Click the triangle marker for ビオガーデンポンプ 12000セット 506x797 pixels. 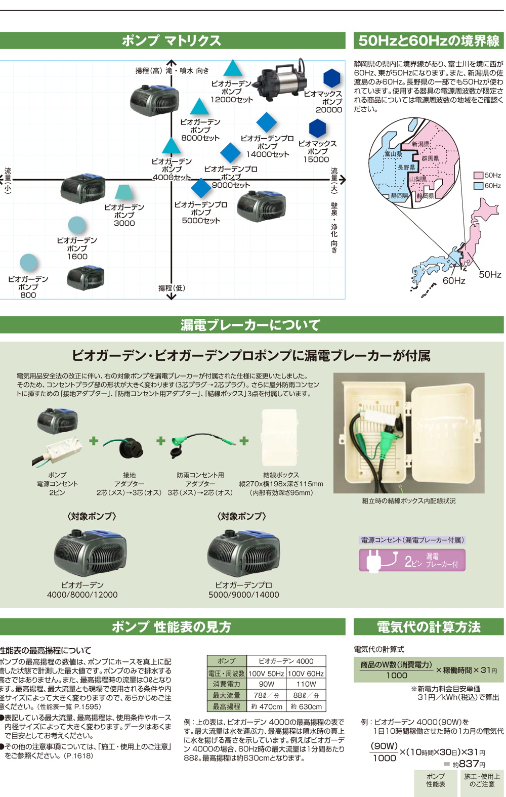[x=232, y=69]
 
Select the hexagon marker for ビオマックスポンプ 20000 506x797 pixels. [x=332, y=78]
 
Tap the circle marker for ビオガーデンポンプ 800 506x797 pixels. [x=28, y=263]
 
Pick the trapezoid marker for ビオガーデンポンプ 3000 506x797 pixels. [x=123, y=192]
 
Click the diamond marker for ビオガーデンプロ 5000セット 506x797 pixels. [x=201, y=188]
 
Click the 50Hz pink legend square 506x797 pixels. [x=478, y=176]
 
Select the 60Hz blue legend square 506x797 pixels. [x=478, y=186]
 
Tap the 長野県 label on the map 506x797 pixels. [x=406, y=167]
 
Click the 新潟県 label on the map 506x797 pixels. [x=420, y=144]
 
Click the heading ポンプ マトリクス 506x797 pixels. [x=172, y=41]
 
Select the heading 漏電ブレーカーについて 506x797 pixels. [x=251, y=325]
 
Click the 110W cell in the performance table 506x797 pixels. [x=306, y=684]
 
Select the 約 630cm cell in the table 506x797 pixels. [x=306, y=706]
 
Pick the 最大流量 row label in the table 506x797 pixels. [x=226, y=695]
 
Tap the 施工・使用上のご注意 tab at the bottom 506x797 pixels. [x=482, y=780]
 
